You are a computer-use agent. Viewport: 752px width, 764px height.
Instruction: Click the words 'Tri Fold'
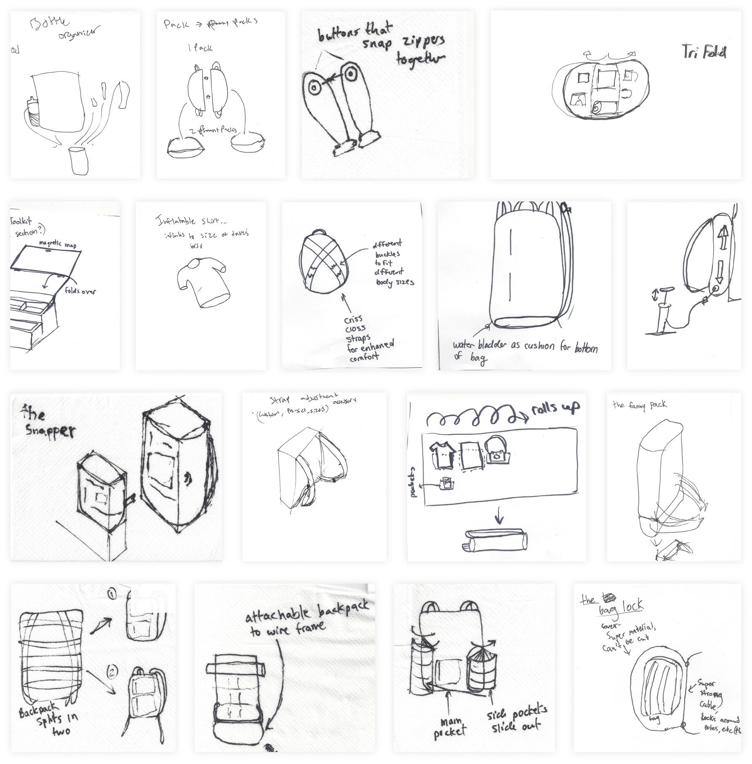[x=704, y=53]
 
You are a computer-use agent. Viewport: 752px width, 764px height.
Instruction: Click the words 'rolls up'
[x=555, y=407]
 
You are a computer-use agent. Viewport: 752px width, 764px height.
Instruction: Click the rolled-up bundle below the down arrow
[x=495, y=541]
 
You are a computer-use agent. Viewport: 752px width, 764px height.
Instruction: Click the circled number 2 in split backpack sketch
[x=112, y=670]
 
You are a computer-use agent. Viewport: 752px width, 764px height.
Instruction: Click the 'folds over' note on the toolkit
[x=80, y=291]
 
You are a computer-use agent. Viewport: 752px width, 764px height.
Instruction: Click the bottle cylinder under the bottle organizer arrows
[x=79, y=160]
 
